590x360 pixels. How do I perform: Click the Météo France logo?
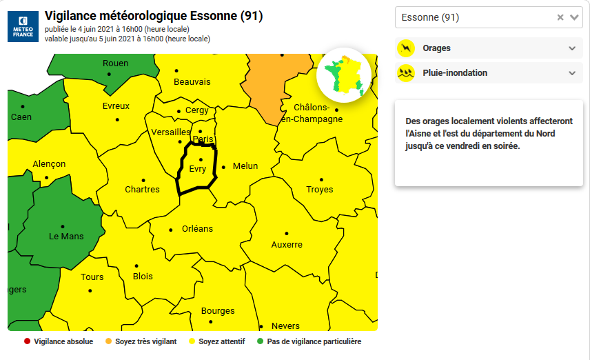point(23,26)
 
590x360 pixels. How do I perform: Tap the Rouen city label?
point(115,63)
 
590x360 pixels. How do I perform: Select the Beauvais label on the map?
point(192,82)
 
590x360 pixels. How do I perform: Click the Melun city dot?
point(223,166)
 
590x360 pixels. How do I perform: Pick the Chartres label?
point(142,190)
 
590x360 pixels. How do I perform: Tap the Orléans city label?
point(197,229)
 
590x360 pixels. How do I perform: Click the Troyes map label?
point(319,190)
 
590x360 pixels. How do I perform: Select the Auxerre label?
point(287,245)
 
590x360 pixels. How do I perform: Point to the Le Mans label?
point(66,237)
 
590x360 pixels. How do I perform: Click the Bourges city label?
point(218,311)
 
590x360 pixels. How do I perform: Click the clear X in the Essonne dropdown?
point(560,17)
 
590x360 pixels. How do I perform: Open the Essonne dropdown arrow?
point(574,17)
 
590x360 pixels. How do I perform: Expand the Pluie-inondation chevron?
point(571,73)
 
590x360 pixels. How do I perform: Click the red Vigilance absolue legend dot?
point(27,341)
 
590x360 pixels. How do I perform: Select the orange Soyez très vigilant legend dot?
point(108,341)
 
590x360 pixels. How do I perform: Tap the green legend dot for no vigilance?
point(261,341)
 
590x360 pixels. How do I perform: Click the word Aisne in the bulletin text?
point(417,133)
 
